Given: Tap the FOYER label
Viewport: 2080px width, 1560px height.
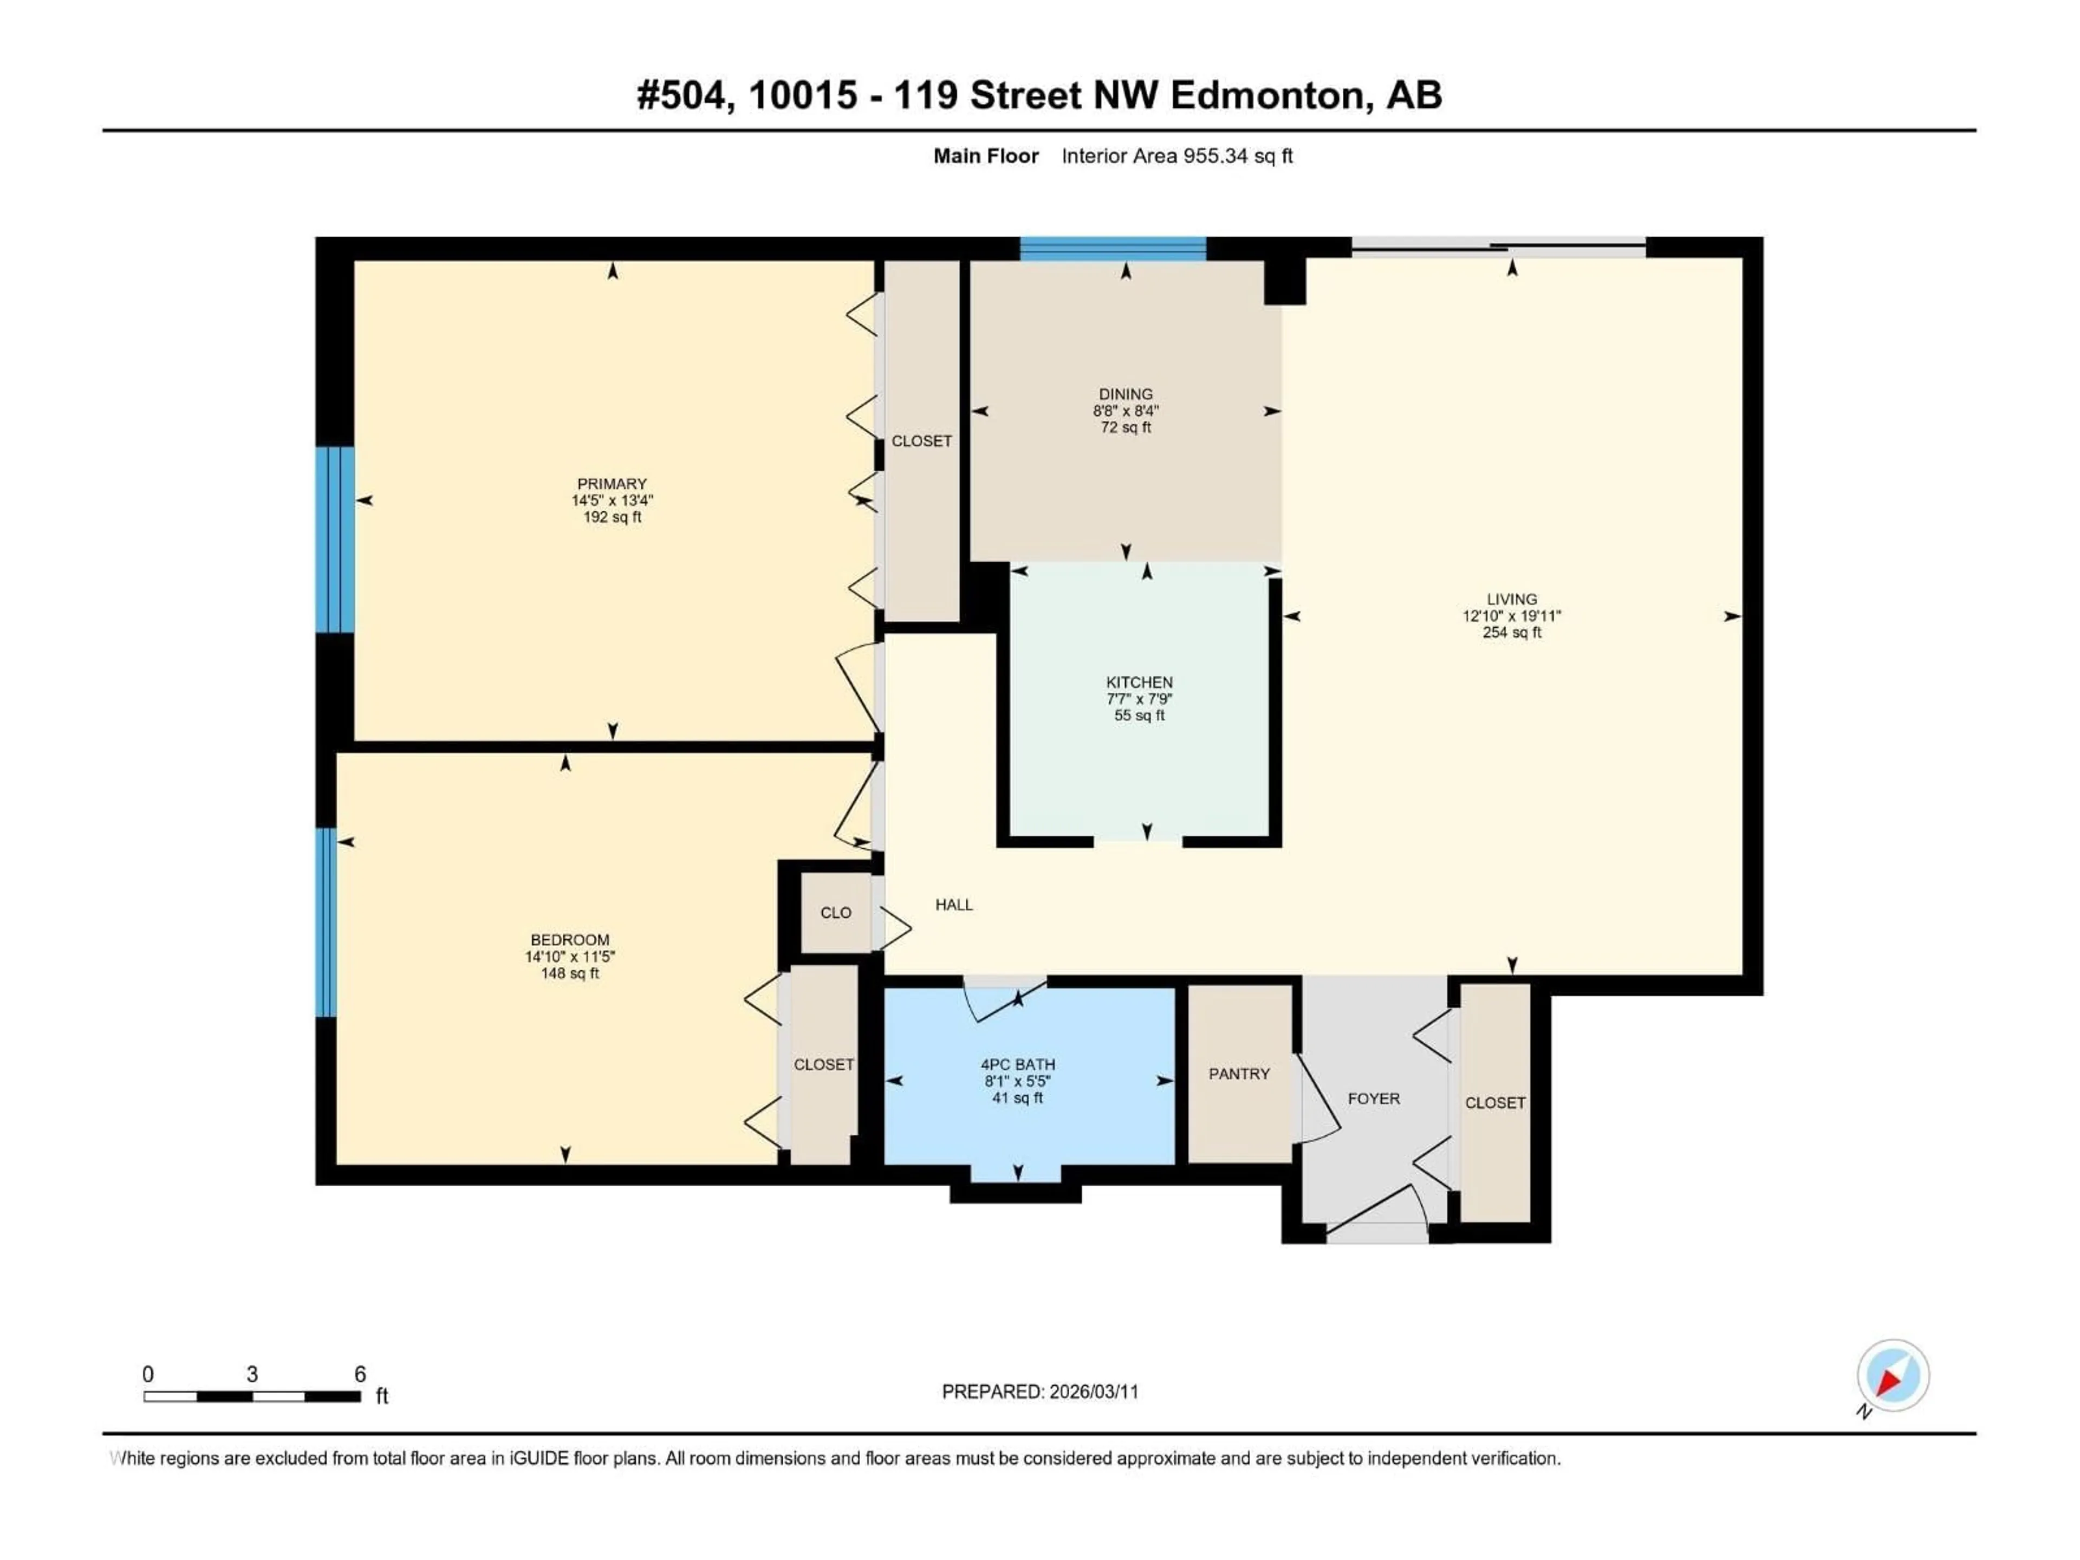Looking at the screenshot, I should pyautogui.click(x=1373, y=1098).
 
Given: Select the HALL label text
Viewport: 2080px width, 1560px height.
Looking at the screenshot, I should pyautogui.click(x=953, y=905).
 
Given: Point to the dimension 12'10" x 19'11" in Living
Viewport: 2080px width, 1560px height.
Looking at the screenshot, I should pyautogui.click(x=1511, y=616).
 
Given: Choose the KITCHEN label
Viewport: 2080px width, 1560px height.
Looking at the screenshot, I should pyautogui.click(x=1139, y=682).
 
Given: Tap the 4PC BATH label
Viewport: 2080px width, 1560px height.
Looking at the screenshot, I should pyautogui.click(x=1017, y=1064).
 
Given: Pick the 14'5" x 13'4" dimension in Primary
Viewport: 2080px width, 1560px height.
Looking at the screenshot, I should pyautogui.click(x=612, y=501).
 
